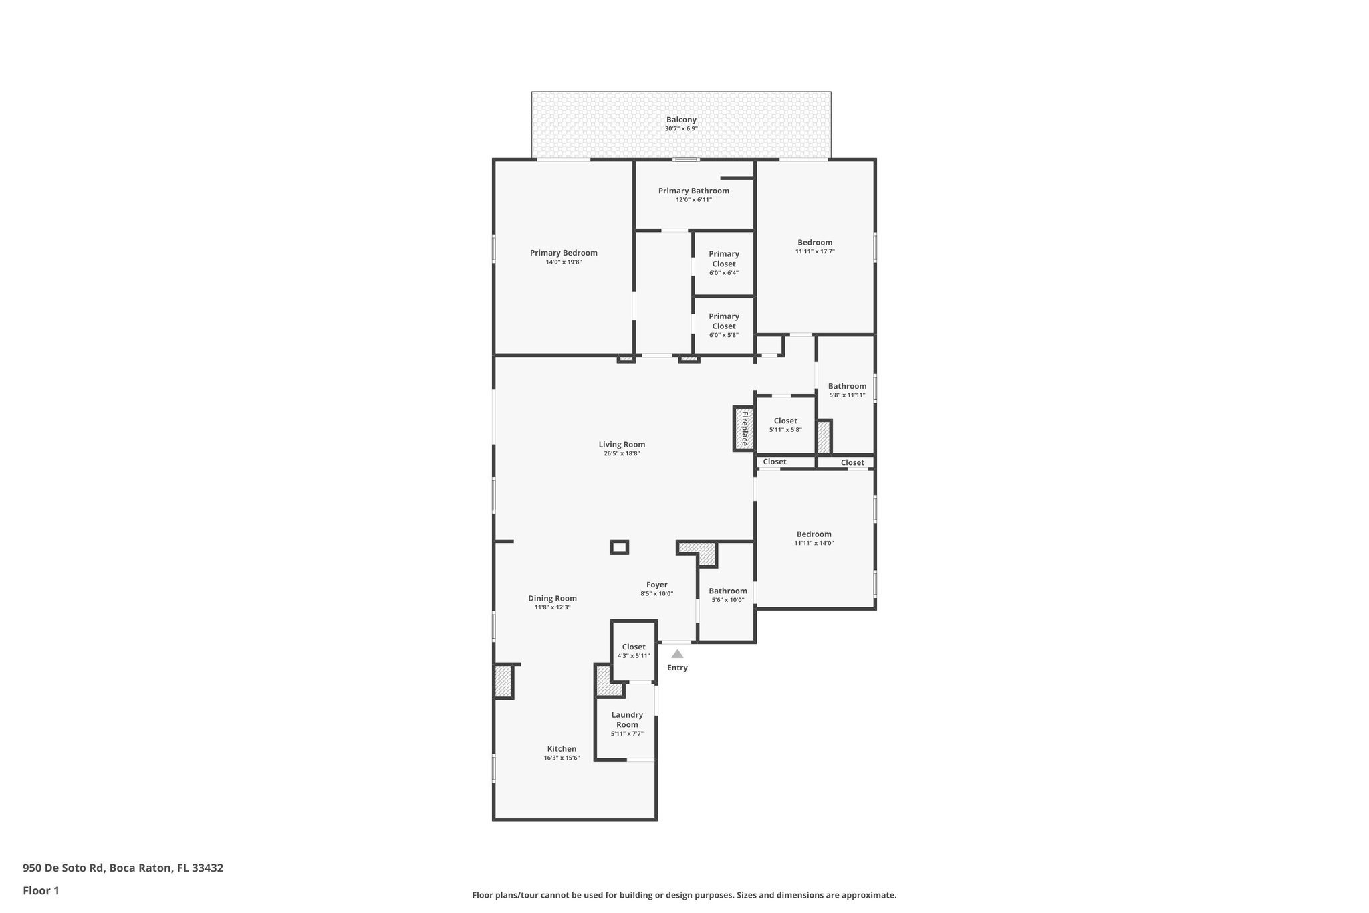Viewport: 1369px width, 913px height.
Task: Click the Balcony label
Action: pos(681,120)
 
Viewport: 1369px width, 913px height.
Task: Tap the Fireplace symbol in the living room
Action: pos(743,429)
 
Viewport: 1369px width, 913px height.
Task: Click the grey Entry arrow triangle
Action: pos(677,654)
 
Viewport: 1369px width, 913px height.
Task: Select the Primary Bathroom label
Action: pos(693,191)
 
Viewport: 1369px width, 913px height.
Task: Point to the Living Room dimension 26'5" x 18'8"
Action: pos(622,453)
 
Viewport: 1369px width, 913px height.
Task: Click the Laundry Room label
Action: pos(627,720)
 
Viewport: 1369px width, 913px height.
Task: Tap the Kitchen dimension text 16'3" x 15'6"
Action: pos(562,758)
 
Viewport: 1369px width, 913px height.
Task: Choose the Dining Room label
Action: pos(552,599)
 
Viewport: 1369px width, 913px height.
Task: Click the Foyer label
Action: pos(656,585)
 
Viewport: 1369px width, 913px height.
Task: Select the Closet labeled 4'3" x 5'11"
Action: pos(634,651)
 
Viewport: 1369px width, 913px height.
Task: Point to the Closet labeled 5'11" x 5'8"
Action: pos(785,425)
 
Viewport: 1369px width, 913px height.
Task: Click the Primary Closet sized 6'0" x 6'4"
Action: pos(724,262)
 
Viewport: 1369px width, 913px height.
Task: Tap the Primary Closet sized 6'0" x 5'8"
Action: pos(724,325)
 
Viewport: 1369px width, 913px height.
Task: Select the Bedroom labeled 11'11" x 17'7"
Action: pos(815,246)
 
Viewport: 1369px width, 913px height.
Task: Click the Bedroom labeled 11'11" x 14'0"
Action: pos(814,538)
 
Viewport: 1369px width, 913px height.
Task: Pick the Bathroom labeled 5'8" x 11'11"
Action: pos(847,390)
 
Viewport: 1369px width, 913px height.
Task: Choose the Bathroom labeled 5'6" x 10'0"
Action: pos(727,595)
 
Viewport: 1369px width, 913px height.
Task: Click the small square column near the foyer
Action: pos(620,547)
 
